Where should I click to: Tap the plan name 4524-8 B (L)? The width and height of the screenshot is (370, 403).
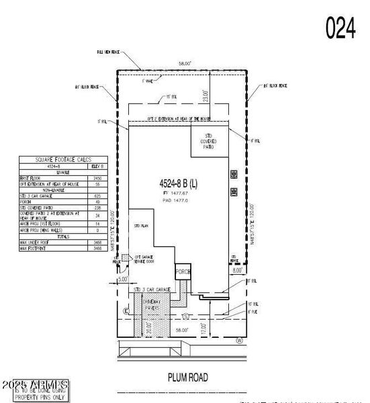(x=179, y=183)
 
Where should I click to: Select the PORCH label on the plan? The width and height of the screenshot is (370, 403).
(x=183, y=273)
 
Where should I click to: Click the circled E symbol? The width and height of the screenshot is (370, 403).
(x=126, y=312)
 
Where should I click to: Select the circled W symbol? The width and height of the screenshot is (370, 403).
(x=238, y=340)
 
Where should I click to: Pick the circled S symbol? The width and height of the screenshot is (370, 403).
(x=185, y=315)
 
